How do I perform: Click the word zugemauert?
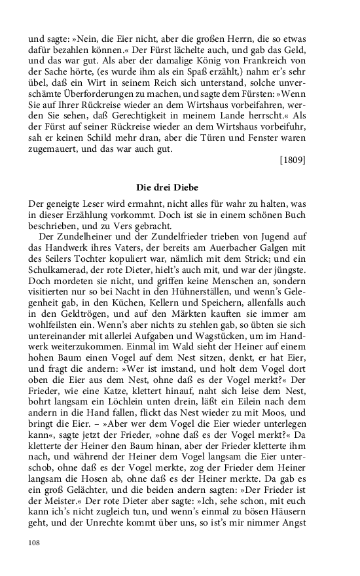(54, 149)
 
